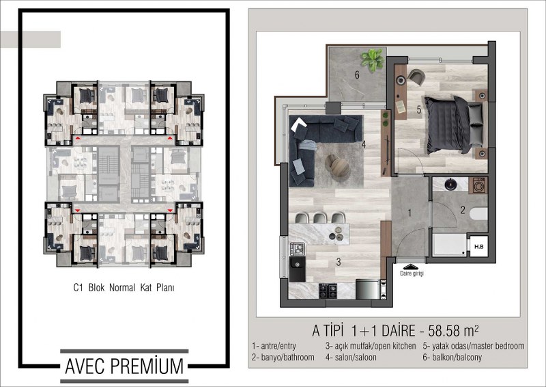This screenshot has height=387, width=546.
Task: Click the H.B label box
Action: pyautogui.click(x=479, y=246)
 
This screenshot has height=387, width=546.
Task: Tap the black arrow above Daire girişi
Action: pyautogui.click(x=412, y=267)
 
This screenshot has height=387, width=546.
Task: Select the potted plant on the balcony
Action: pyautogui.click(x=373, y=59)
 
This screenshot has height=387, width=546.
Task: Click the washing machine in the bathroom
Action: pyautogui.click(x=478, y=185)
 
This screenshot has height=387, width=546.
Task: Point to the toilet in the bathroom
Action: pyautogui.click(x=479, y=213)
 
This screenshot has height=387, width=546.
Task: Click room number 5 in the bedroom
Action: pyautogui.click(x=419, y=110)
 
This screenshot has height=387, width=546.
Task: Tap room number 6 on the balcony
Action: pyautogui.click(x=357, y=75)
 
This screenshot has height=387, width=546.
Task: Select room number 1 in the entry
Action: pyautogui.click(x=409, y=213)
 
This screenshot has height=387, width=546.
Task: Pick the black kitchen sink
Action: pyautogui.click(x=298, y=269)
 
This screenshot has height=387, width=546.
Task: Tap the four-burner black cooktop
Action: pyautogui.click(x=328, y=291)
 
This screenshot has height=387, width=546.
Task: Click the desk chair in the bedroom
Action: pyautogui.click(x=416, y=77)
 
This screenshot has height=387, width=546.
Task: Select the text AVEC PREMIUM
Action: pyautogui.click(x=124, y=366)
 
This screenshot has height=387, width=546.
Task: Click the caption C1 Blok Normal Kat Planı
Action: pyautogui.click(x=124, y=288)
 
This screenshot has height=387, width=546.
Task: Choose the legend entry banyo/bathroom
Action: pyautogui.click(x=283, y=358)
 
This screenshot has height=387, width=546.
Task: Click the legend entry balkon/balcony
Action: pyautogui.click(x=452, y=358)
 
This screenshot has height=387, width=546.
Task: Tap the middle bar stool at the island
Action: pyautogui.click(x=319, y=218)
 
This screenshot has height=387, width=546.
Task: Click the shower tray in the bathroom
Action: pyautogui.click(x=450, y=245)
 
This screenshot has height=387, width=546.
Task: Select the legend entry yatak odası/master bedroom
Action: pyautogui.click(x=474, y=346)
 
